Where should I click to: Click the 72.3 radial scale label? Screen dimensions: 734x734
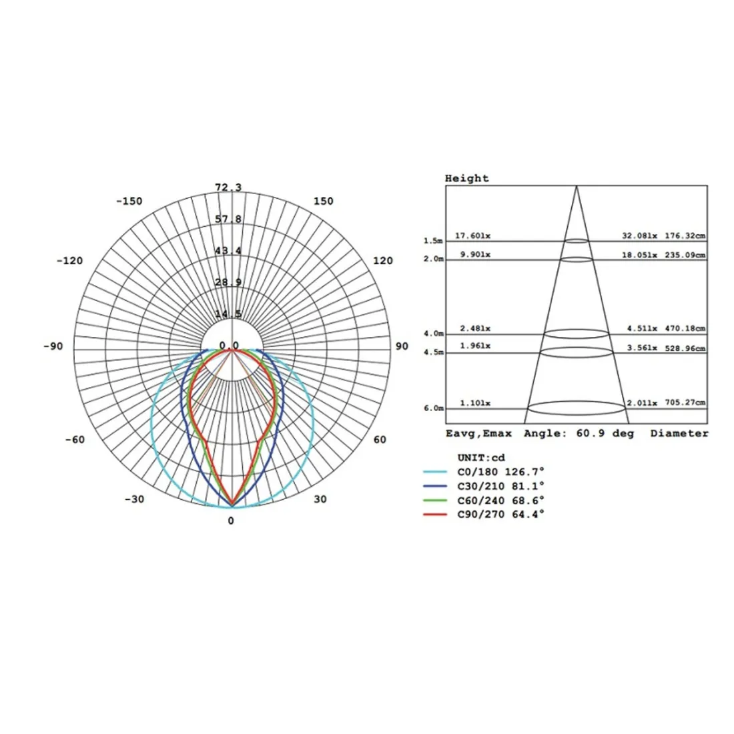click(228, 188)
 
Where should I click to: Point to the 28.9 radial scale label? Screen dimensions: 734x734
click(228, 282)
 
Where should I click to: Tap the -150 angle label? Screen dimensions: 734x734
click(129, 202)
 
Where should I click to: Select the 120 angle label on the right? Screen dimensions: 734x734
click(383, 261)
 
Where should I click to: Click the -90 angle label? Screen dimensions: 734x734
click(53, 346)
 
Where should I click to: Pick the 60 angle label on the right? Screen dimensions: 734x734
click(380, 440)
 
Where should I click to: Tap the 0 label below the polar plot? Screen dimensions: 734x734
click(231, 520)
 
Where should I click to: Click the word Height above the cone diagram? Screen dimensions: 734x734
click(467, 178)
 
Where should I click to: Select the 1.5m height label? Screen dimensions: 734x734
click(433, 240)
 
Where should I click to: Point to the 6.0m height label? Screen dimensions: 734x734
click(433, 408)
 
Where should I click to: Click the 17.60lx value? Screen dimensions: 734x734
click(473, 236)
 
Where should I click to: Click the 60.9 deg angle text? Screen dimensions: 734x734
click(605, 434)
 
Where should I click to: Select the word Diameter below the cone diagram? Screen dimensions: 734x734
click(679, 434)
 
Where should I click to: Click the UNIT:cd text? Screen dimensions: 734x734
click(482, 458)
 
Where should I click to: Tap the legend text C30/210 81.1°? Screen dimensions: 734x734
click(500, 486)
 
